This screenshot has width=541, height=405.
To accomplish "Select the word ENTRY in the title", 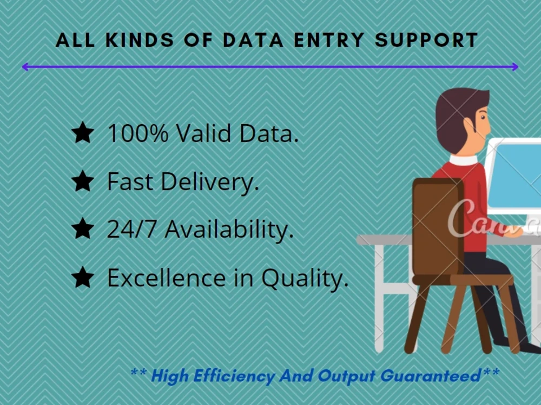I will (x=335, y=40).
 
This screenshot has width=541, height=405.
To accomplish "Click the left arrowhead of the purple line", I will (x=25, y=67).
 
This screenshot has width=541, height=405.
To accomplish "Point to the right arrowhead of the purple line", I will (x=515, y=67).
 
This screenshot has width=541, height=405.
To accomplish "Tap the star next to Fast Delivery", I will (x=83, y=182).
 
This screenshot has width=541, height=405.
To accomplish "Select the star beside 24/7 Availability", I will (x=83, y=230).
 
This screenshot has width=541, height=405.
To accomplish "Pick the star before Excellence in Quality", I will (x=83, y=278).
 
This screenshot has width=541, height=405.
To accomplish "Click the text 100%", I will (x=138, y=133).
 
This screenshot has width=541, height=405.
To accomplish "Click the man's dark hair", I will (x=457, y=111).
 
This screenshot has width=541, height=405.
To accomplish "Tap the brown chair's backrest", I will (x=437, y=227).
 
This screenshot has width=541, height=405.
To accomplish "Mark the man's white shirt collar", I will (x=464, y=160).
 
